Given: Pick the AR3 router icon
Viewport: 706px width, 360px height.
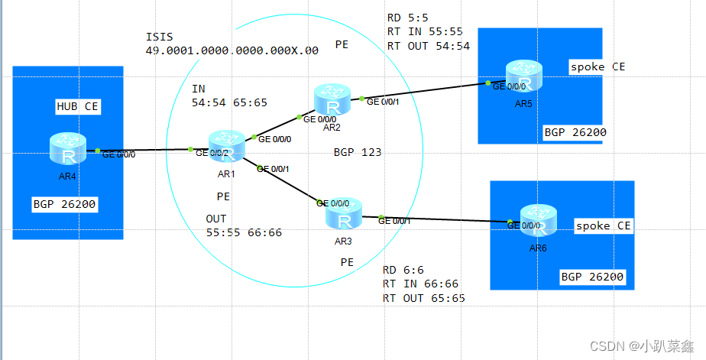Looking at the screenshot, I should click(x=344, y=215).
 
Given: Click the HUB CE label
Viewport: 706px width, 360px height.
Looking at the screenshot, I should click(x=77, y=106).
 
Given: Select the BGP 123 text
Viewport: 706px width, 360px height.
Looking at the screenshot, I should click(x=358, y=152).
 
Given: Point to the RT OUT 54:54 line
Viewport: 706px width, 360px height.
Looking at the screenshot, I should click(x=428, y=46).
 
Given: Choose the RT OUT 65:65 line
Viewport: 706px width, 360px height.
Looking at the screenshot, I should click(x=423, y=297).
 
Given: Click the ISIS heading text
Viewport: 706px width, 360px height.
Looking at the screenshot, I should click(x=159, y=37).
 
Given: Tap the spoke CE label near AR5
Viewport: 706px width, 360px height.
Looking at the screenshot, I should click(x=598, y=66).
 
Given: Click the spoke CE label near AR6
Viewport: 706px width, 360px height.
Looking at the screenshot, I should click(x=603, y=225).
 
